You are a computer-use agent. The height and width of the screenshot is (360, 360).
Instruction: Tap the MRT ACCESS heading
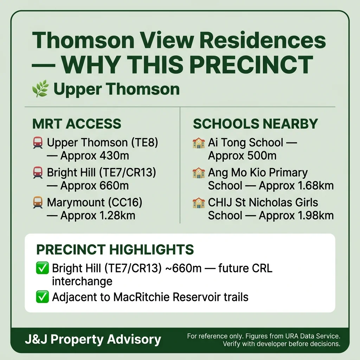click(x=77, y=124)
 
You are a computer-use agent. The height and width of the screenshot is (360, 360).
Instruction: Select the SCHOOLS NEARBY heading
click(x=255, y=124)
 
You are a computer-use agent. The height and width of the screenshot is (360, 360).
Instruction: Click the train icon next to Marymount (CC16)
click(x=38, y=202)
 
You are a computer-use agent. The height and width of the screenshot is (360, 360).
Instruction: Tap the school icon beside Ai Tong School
click(x=199, y=143)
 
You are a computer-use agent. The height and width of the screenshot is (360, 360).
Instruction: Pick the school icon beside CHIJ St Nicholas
click(x=199, y=203)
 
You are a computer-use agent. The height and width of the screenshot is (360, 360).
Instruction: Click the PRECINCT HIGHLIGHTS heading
click(x=115, y=250)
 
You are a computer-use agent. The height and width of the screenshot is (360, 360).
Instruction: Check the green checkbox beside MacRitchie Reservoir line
click(x=43, y=297)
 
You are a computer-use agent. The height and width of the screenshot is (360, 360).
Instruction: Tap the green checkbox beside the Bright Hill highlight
click(x=43, y=269)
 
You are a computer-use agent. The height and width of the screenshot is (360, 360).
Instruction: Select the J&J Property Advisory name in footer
click(x=93, y=340)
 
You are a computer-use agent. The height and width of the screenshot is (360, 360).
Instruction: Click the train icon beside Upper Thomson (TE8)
click(x=38, y=143)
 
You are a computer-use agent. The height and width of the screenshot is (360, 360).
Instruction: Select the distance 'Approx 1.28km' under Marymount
click(x=98, y=216)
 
